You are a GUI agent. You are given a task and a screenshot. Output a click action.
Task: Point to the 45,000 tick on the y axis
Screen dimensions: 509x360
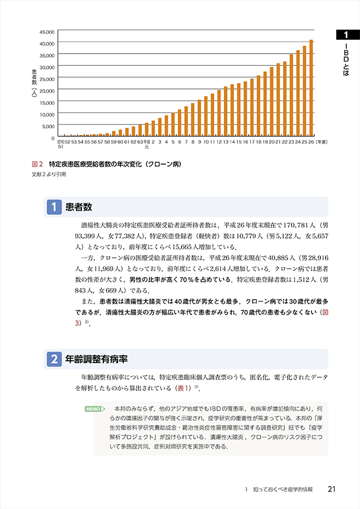(47, 32)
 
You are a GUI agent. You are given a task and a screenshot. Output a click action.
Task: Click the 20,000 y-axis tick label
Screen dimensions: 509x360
(47, 90)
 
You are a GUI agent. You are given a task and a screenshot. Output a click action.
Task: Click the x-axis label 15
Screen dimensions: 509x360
(238, 143)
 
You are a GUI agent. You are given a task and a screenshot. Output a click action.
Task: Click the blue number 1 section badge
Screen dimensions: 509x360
(54, 208)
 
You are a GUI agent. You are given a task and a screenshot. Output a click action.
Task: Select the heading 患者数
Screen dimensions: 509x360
(79, 208)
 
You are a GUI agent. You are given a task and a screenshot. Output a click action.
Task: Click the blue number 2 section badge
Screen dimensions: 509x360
(54, 359)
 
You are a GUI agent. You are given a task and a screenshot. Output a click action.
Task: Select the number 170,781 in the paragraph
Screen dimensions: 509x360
(289, 225)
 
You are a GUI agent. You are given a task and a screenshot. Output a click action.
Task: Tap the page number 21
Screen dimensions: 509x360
(332, 489)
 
